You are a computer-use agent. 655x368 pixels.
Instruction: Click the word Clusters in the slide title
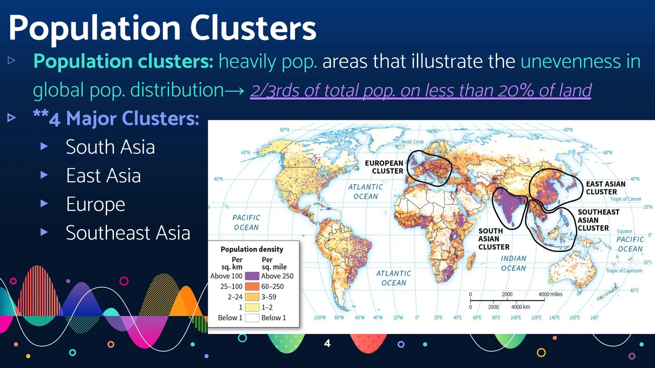click(253, 28)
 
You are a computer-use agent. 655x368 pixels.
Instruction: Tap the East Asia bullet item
click(103, 175)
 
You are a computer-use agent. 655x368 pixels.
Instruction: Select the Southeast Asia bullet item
click(128, 233)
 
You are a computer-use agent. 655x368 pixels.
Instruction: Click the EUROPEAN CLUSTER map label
click(384, 167)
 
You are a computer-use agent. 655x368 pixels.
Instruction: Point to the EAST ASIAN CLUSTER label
click(606, 188)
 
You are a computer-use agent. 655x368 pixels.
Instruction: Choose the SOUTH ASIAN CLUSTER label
click(494, 239)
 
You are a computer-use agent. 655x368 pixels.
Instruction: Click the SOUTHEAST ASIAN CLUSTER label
click(598, 220)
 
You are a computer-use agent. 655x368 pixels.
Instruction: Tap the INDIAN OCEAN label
click(513, 263)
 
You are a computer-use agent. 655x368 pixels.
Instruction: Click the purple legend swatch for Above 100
click(252, 276)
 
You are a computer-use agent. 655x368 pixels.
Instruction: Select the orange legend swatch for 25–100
click(252, 287)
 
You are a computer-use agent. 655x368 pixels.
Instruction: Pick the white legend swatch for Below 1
click(252, 318)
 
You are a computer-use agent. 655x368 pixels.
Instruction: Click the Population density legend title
click(252, 249)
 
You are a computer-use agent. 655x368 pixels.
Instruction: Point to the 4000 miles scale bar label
click(550, 294)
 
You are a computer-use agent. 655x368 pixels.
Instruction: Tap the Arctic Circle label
click(412, 142)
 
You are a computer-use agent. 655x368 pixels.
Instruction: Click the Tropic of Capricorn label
click(624, 271)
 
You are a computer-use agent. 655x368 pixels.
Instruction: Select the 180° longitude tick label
click(594, 318)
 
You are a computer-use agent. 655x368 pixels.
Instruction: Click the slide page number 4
click(327, 343)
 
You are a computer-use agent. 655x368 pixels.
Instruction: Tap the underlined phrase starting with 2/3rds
click(421, 91)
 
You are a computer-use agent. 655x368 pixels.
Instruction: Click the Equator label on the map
click(625, 231)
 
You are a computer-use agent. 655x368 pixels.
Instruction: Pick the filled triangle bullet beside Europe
click(44, 204)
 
